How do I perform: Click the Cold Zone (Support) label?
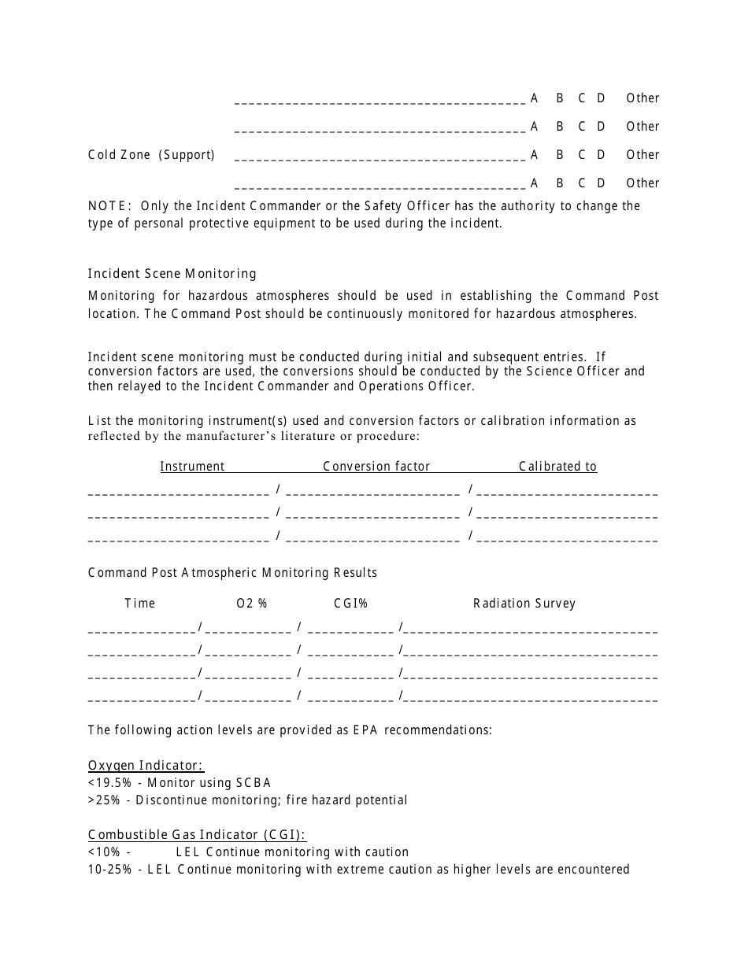(151, 155)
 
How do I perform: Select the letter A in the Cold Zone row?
(535, 155)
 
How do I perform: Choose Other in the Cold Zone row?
(642, 155)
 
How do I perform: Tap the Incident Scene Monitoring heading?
(172, 274)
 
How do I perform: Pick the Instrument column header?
(192, 467)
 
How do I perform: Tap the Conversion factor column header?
(376, 467)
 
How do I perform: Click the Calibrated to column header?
(557, 467)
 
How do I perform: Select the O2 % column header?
(252, 604)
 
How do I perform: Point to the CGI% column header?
(350, 604)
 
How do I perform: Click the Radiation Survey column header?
(524, 604)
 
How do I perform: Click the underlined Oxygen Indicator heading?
(146, 766)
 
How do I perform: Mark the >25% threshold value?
(106, 800)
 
